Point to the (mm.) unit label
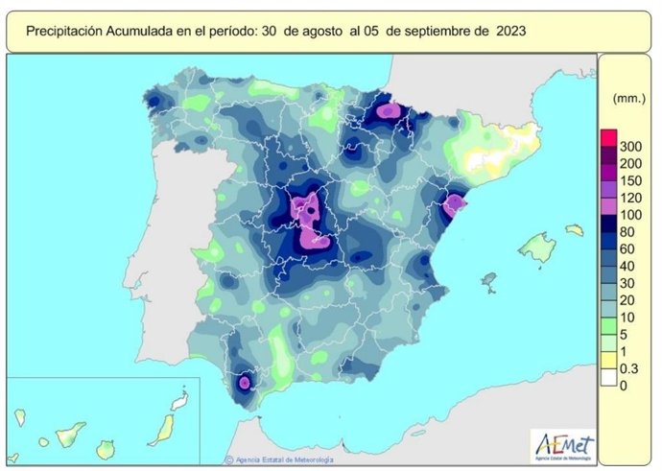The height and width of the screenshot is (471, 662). pos(627,99)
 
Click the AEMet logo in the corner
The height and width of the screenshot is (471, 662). pos(564,444)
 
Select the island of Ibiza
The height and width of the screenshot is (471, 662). pos(489,280)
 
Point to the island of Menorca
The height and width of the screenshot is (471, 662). pos(574,230)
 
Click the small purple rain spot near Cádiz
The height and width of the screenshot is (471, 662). pos(244,382)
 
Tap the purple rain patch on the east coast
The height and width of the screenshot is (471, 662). pos(453,204)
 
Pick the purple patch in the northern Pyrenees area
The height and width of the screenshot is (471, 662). pos(387,110)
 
